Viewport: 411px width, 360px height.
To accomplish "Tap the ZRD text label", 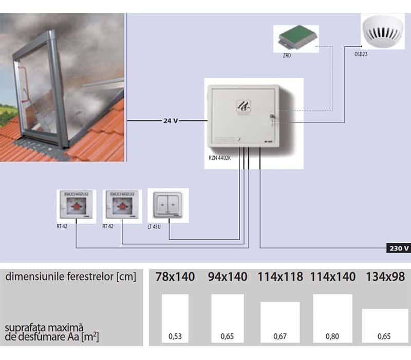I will click(x=287, y=54).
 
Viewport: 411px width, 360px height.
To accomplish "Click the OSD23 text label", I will click(x=362, y=53).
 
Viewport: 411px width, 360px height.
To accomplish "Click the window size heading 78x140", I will click(x=175, y=277).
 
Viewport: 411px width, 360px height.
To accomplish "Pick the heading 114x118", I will click(x=280, y=277).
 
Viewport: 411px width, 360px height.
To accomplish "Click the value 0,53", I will click(x=175, y=337).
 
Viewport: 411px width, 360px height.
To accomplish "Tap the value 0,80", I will click(x=332, y=337).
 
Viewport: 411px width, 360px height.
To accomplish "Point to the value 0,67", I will click(x=280, y=337).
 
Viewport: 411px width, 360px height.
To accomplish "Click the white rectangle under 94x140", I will click(x=228, y=316).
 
